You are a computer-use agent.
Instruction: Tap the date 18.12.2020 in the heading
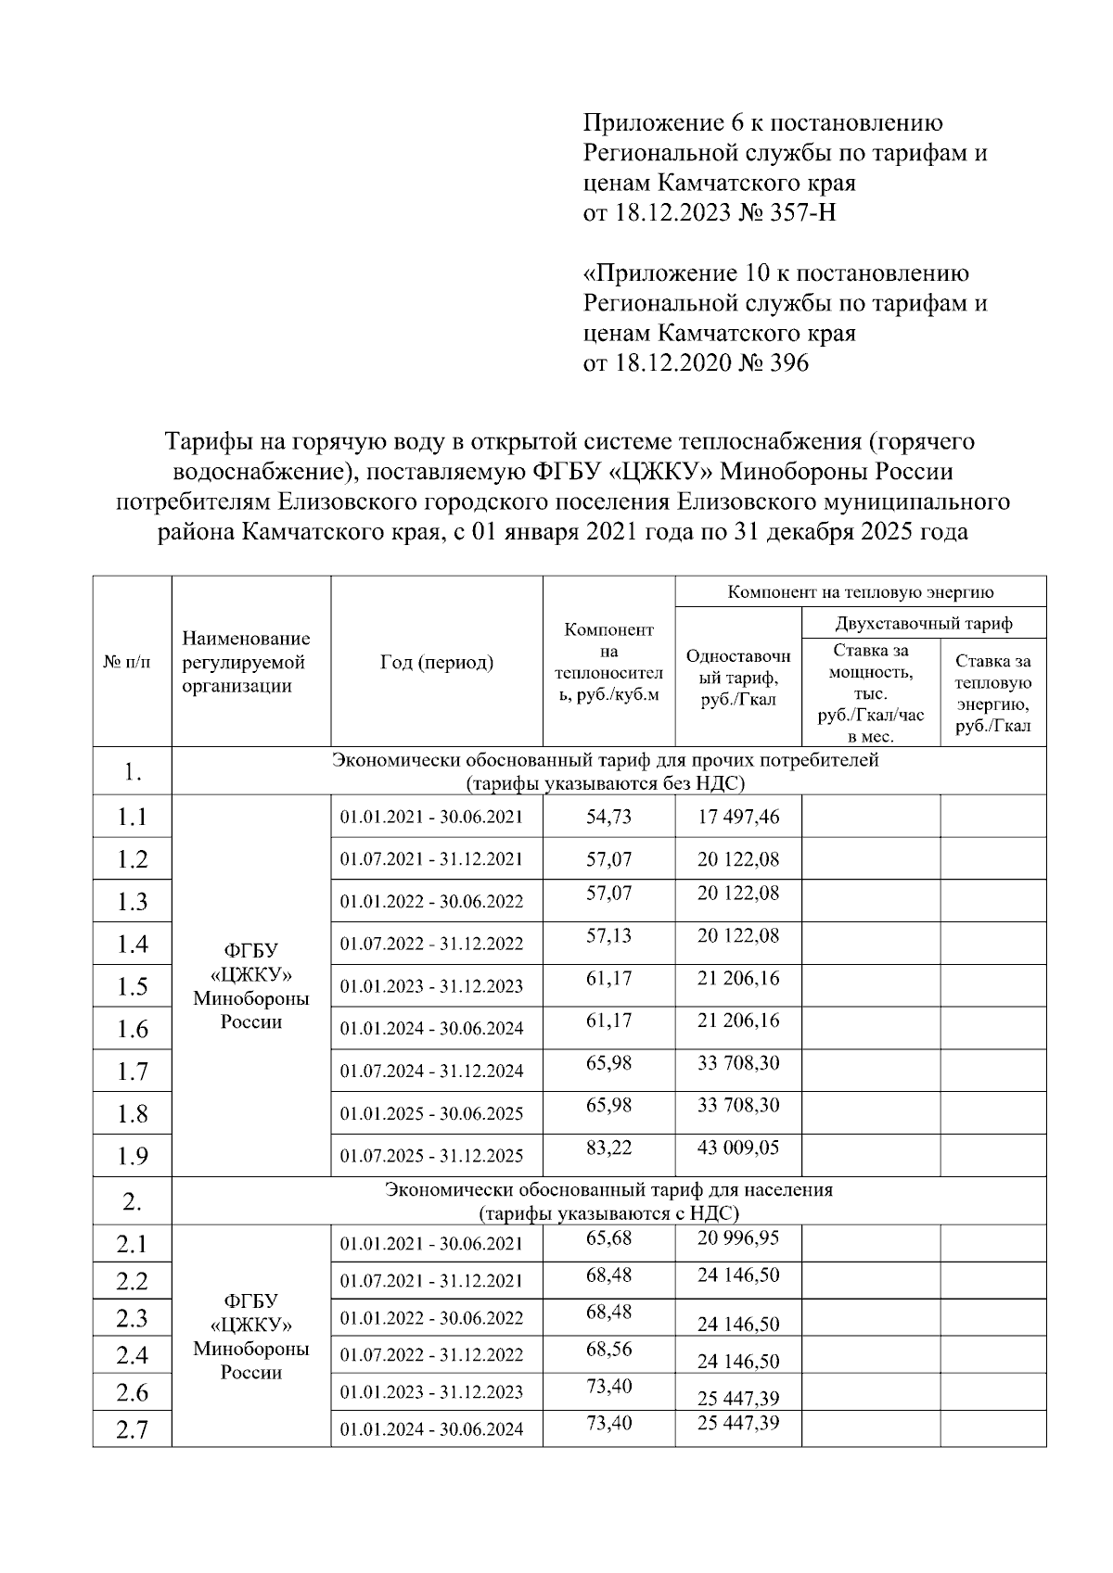(x=672, y=363)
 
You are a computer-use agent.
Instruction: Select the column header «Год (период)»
(x=436, y=662)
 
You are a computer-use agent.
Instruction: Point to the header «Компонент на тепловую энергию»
(x=861, y=592)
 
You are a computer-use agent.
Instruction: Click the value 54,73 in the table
(x=608, y=816)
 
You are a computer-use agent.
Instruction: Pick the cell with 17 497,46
(x=738, y=816)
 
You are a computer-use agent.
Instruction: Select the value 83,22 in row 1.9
(x=608, y=1148)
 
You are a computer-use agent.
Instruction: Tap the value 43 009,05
(x=738, y=1148)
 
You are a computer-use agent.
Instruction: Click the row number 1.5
(x=133, y=986)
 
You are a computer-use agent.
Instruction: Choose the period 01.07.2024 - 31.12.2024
(x=431, y=1072)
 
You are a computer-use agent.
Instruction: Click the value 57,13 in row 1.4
(x=608, y=935)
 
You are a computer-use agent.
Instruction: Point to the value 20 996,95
(x=738, y=1237)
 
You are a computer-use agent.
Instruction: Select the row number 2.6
(x=133, y=1393)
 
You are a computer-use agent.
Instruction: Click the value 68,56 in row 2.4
(x=608, y=1350)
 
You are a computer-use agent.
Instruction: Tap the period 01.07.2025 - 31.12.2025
(x=431, y=1156)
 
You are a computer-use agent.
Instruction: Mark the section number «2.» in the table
(x=133, y=1202)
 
